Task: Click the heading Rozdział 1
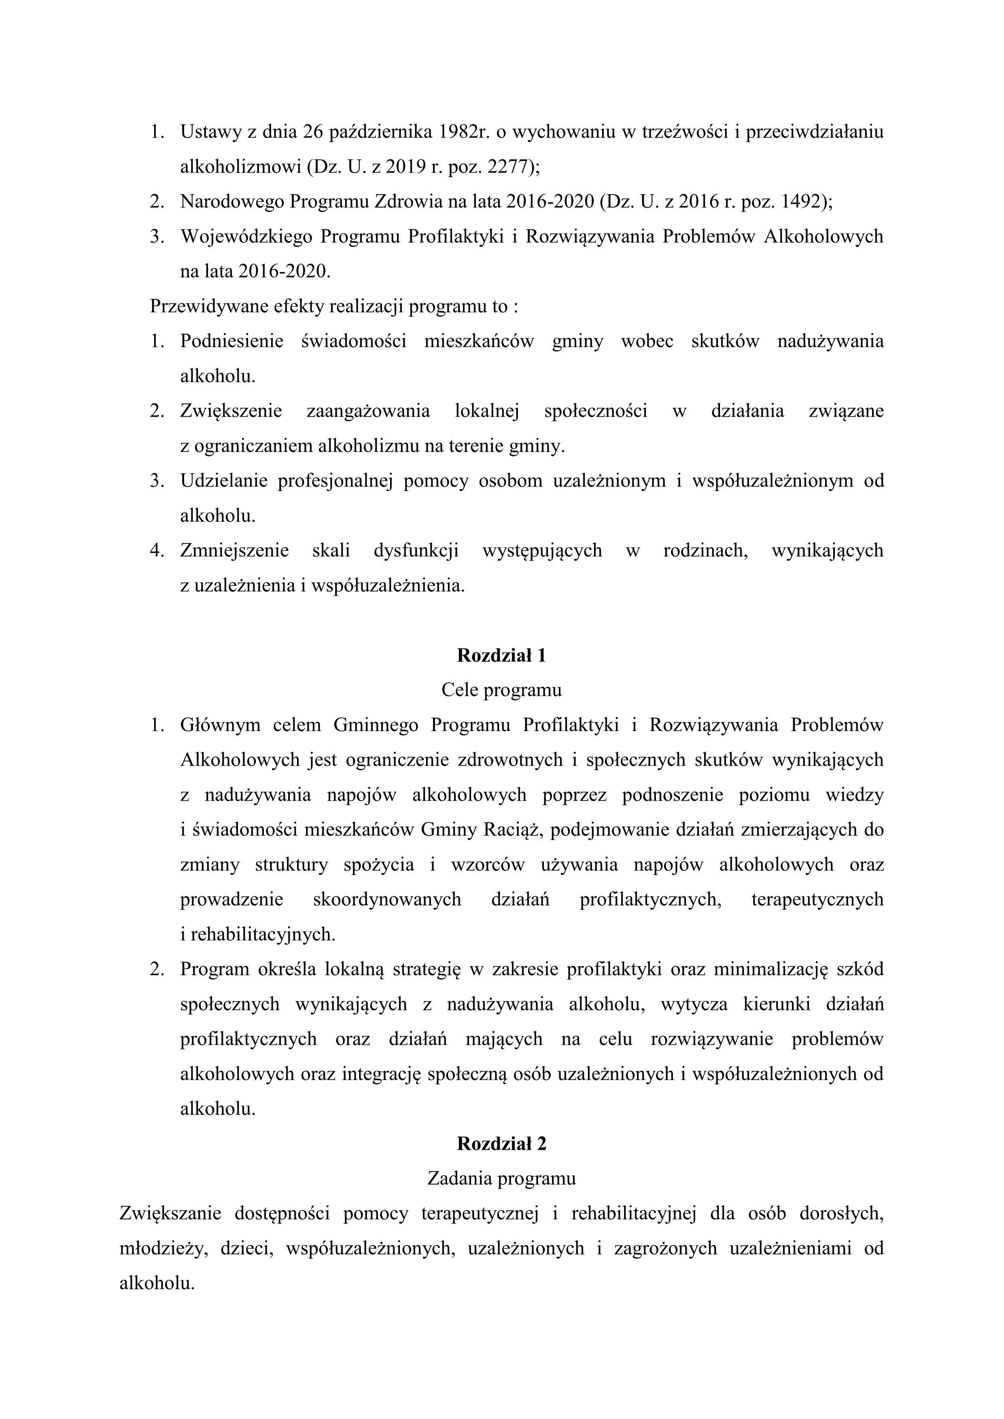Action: [x=501, y=655]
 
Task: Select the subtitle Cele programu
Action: [x=501, y=690]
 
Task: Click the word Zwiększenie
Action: [x=231, y=411]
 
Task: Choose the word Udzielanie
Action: [x=223, y=481]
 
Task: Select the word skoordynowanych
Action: [x=387, y=899]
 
